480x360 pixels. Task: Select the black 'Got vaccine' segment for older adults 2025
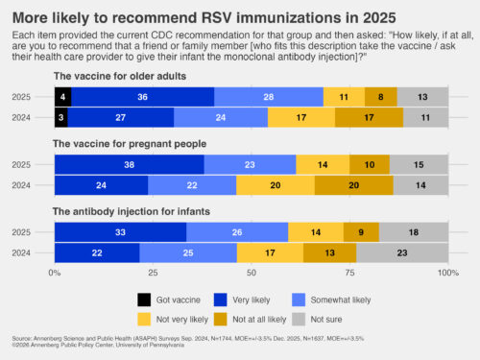[x=62, y=97]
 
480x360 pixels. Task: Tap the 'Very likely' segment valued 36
[x=142, y=97]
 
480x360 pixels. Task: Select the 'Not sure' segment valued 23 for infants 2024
[x=402, y=252]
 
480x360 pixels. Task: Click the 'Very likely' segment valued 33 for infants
[x=120, y=232]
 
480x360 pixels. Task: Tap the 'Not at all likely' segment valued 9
[x=361, y=232]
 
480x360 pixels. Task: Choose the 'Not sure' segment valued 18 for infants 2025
[x=413, y=232]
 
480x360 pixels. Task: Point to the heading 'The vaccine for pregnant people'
[x=125, y=144]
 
